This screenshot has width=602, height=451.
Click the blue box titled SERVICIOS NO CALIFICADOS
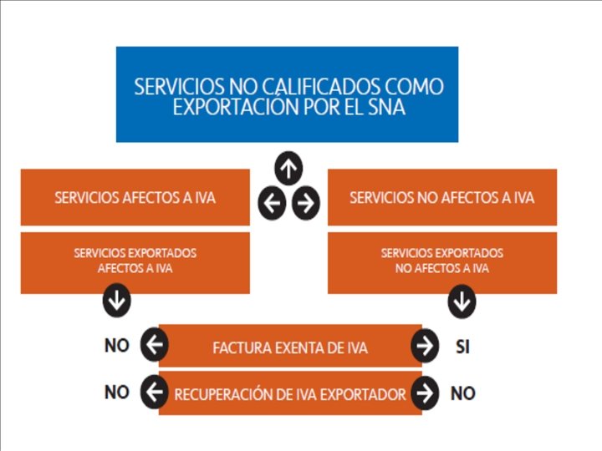pos(287,94)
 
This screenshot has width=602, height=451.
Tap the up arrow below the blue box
pos(288,169)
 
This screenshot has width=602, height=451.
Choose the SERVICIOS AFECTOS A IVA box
pos(135,198)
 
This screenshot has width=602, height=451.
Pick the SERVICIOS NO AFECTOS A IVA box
pos(441,198)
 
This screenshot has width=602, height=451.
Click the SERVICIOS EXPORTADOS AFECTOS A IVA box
pos(135,261)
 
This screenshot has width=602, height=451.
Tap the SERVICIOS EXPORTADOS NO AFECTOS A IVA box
pos(441,261)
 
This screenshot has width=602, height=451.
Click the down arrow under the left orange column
pos(116,302)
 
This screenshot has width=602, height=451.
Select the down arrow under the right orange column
pos(462,302)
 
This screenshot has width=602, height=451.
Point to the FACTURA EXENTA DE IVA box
pos(289,346)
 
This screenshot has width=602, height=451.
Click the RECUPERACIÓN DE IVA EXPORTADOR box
pos(289,393)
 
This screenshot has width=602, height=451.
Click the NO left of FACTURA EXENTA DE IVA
pos(116,346)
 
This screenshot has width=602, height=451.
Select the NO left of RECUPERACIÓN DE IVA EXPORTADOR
pos(116,392)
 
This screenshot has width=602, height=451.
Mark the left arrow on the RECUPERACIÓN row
pos(154,393)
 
